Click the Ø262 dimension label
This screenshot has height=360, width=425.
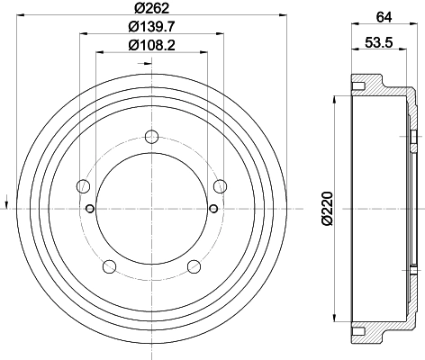[x=152, y=8]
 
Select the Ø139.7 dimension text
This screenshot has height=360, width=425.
[x=151, y=27]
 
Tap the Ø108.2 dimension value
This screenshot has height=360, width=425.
[x=151, y=46]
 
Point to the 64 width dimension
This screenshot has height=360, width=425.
[x=384, y=17]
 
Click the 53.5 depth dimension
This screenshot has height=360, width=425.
[x=379, y=42]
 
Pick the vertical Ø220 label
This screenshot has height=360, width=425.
[x=328, y=208]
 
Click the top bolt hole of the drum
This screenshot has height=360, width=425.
[x=151, y=137]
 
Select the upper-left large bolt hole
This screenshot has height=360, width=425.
[x=84, y=186]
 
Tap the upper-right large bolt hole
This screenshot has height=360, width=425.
[x=220, y=186]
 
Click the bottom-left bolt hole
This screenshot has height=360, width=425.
[x=110, y=266]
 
